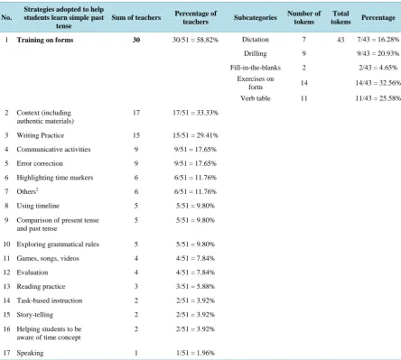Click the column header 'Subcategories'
(x=256, y=18)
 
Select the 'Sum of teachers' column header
(x=136, y=18)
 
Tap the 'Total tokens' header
(x=340, y=18)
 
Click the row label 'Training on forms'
(x=45, y=40)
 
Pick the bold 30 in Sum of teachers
(x=136, y=40)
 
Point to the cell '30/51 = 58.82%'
(x=195, y=40)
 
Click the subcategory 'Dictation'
(x=256, y=40)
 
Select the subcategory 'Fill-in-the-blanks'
(x=256, y=68)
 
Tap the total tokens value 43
(x=340, y=40)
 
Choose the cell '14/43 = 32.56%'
(x=378, y=83)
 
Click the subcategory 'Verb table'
(x=256, y=98)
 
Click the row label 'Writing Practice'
(x=41, y=135)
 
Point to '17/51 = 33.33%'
(x=195, y=113)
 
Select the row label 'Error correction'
(x=40, y=163)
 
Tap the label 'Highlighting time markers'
(x=55, y=178)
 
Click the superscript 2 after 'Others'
(x=37, y=189)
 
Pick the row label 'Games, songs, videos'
(x=48, y=258)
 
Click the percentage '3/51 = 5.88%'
(x=195, y=286)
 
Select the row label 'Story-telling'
(x=35, y=315)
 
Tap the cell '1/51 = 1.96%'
(x=195, y=353)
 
